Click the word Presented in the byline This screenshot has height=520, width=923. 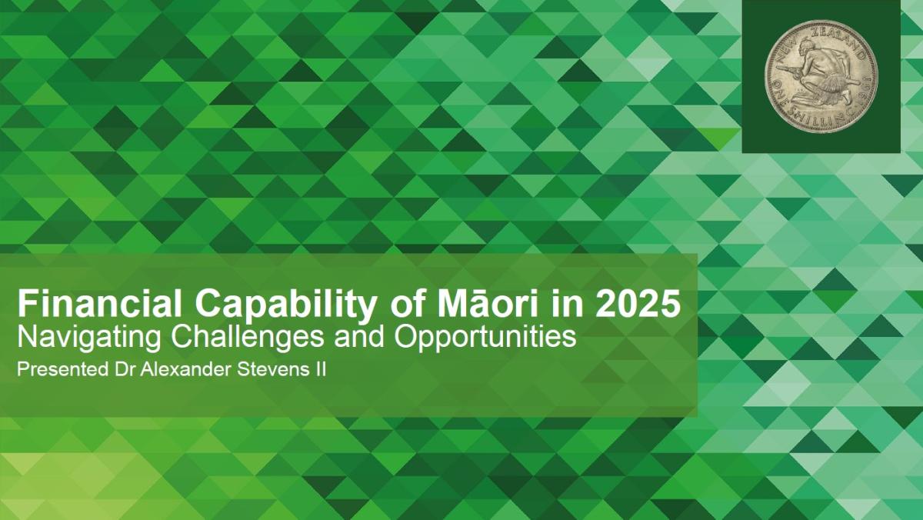click(60, 370)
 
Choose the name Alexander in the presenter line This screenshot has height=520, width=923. click(171, 370)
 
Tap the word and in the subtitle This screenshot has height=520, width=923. click(333, 337)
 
